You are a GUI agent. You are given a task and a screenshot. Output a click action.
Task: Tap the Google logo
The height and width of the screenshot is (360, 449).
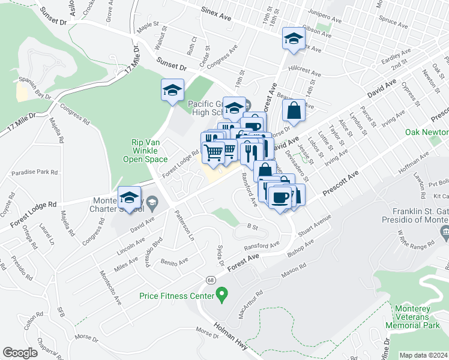(x=20, y=353)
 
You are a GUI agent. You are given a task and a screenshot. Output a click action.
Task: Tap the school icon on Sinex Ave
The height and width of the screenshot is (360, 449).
(x=293, y=40)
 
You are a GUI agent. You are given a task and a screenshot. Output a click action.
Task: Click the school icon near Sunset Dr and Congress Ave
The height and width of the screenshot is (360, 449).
(x=172, y=91)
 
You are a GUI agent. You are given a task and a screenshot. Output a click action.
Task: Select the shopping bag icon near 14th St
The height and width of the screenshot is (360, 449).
(x=294, y=110)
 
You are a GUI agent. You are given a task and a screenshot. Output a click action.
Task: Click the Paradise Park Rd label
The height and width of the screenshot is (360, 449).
(x=38, y=172)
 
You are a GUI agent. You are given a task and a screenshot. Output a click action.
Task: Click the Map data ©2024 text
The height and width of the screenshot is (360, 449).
(x=423, y=355)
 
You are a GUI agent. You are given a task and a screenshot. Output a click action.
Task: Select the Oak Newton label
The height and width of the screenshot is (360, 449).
(x=426, y=132)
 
